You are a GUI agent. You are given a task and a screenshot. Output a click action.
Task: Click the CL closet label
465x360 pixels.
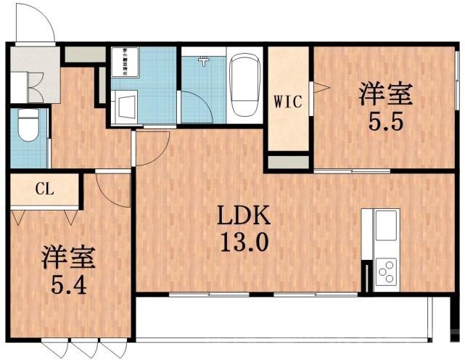click(44, 190)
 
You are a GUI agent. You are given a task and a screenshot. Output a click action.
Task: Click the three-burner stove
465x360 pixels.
click(385, 271)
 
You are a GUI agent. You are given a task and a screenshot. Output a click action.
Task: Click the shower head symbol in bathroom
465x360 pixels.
click(205, 61)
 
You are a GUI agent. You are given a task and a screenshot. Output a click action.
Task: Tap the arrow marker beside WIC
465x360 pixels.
click(321, 89)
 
